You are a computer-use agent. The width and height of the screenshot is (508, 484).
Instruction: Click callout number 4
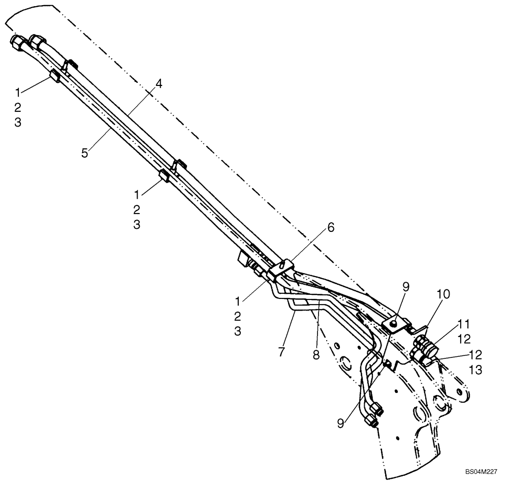(x=159, y=84)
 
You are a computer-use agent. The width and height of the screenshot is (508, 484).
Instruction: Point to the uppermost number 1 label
(x=18, y=92)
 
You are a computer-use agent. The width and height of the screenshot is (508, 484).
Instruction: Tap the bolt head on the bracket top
(x=393, y=321)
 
